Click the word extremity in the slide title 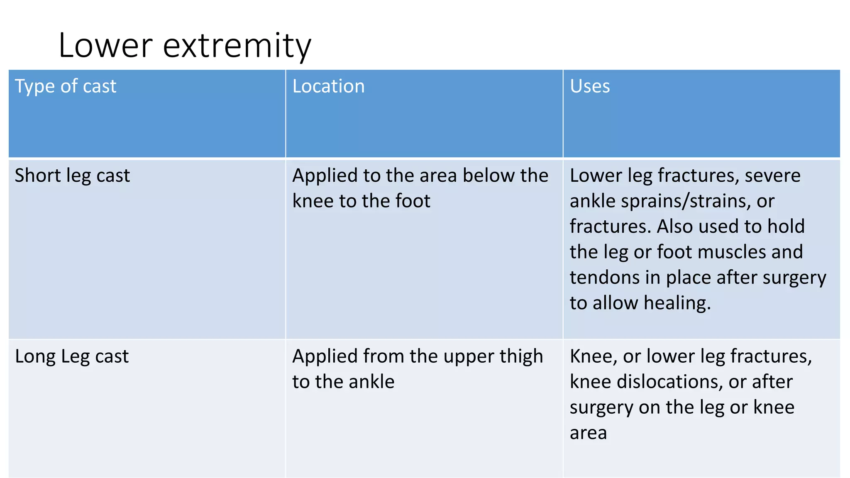tap(237, 46)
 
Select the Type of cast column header tap(66, 86)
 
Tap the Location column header tap(328, 86)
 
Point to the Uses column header tap(590, 86)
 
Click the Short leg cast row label tap(72, 176)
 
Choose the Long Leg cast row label tap(72, 356)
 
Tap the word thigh tap(521, 356)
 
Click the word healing tap(677, 303)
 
